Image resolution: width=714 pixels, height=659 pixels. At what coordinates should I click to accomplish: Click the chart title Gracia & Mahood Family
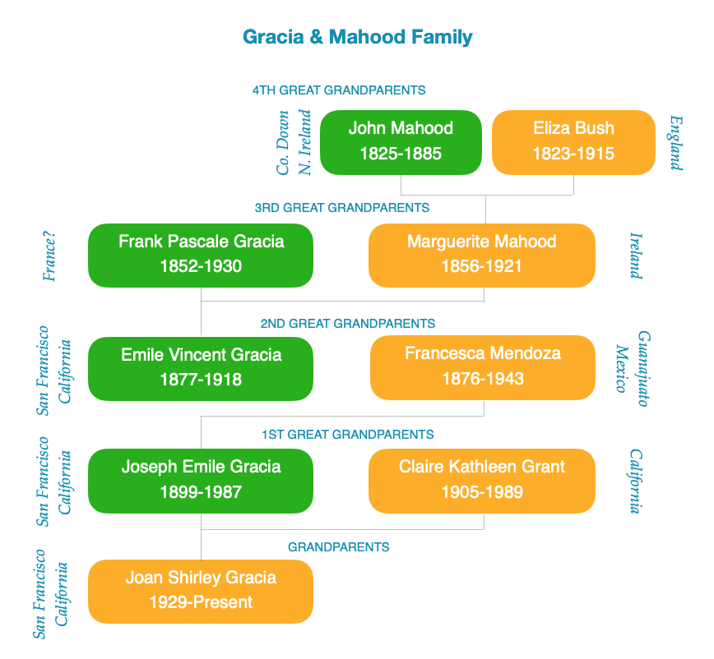tap(358, 37)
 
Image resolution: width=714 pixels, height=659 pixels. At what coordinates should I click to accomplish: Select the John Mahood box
tap(401, 142)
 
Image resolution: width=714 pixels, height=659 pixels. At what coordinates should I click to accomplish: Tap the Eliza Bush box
tap(574, 142)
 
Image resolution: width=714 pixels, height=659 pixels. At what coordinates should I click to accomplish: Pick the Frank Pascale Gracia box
tap(201, 256)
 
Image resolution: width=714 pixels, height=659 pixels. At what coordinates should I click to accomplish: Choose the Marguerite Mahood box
tap(482, 256)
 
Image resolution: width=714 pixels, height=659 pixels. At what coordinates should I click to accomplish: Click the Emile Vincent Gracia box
tap(201, 369)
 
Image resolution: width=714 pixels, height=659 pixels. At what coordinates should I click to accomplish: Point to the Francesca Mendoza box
tap(483, 367)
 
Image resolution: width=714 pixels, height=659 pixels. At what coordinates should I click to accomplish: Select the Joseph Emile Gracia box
tap(201, 481)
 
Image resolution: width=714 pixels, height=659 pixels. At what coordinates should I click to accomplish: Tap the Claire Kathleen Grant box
tap(482, 481)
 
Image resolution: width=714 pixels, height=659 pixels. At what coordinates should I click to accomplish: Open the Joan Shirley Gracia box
tap(201, 592)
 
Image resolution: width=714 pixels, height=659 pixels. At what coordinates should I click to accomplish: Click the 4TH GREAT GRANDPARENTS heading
tap(339, 90)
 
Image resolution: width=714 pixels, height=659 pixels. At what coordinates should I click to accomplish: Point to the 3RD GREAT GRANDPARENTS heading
tap(342, 208)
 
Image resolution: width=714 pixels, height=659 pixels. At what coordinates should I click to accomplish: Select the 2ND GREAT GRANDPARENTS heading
tap(348, 324)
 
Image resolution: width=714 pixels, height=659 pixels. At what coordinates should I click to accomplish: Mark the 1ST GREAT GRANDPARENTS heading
tap(348, 435)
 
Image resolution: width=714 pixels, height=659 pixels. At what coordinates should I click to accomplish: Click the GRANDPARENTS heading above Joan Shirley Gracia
tap(339, 546)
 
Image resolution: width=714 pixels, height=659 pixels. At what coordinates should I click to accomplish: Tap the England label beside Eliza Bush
tap(677, 142)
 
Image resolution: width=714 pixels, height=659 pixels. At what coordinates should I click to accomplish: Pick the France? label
tap(49, 256)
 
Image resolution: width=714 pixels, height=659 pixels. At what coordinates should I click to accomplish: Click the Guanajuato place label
tap(643, 368)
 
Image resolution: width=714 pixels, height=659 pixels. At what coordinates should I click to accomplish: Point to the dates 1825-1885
tap(401, 154)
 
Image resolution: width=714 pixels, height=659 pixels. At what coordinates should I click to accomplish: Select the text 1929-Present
tap(201, 602)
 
